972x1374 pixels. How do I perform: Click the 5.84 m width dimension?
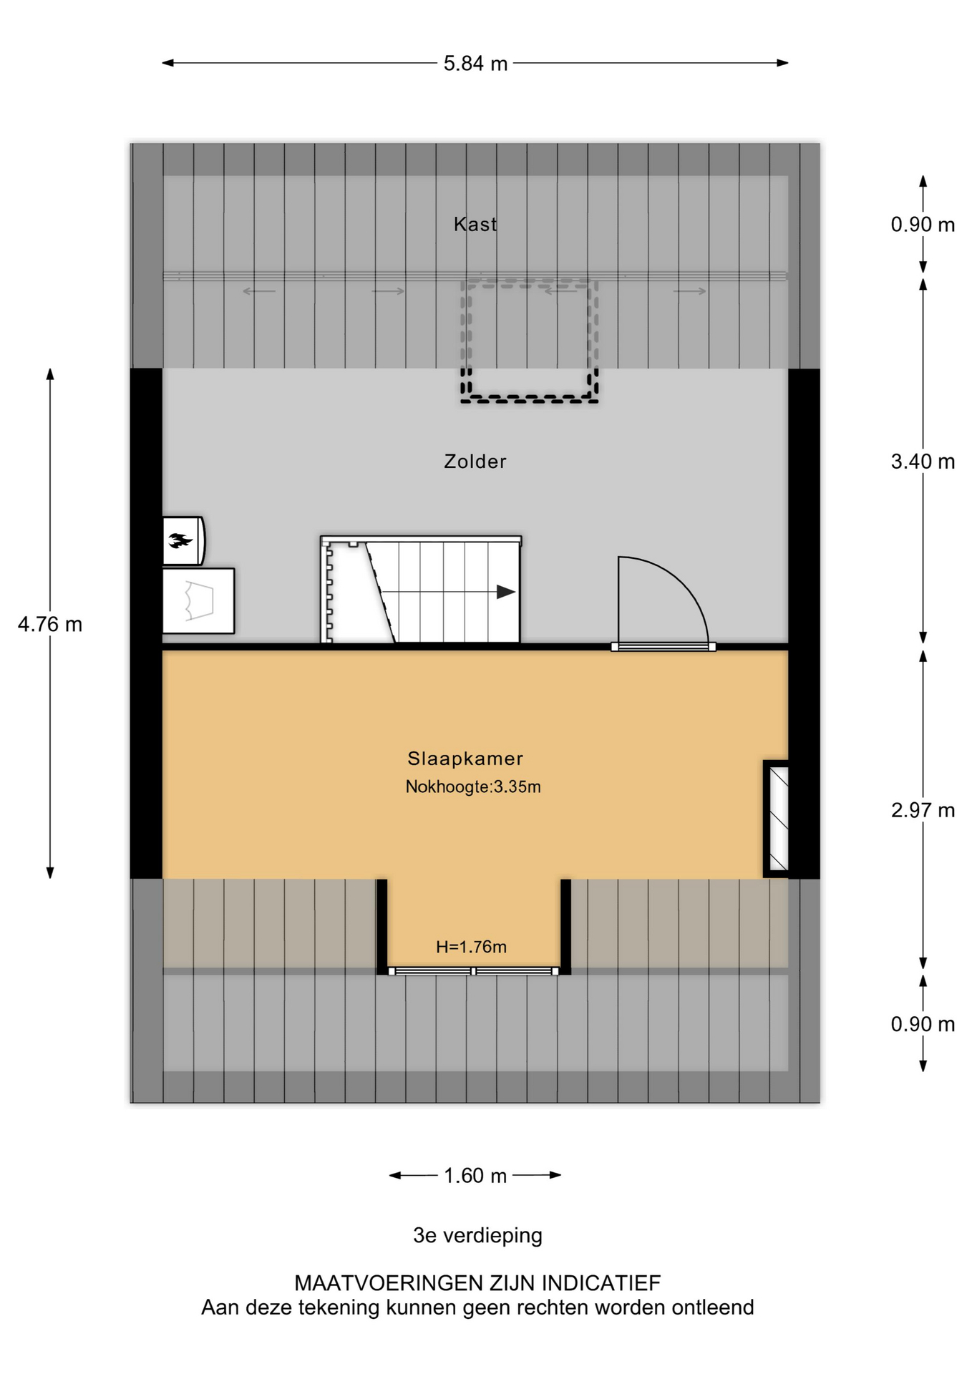(475, 64)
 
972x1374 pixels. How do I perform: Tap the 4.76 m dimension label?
(50, 625)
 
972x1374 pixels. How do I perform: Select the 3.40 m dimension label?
(923, 462)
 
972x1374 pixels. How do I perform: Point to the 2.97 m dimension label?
(923, 810)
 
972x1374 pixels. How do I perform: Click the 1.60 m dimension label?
(475, 1176)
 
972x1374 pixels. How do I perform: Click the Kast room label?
(475, 225)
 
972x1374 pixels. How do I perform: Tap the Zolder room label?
(475, 462)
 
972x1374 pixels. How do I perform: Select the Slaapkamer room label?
(465, 759)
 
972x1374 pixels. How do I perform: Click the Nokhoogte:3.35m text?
(473, 787)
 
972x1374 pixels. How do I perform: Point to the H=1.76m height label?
(471, 947)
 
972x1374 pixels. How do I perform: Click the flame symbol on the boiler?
(180, 541)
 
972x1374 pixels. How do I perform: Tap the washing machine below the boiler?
(198, 601)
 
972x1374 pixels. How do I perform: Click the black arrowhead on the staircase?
(506, 592)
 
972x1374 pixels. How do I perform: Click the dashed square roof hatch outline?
(529, 341)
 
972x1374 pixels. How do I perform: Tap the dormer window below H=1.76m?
(473, 971)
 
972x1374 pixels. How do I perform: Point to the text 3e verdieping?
(477, 1236)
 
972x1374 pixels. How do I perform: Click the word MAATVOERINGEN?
(388, 1283)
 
